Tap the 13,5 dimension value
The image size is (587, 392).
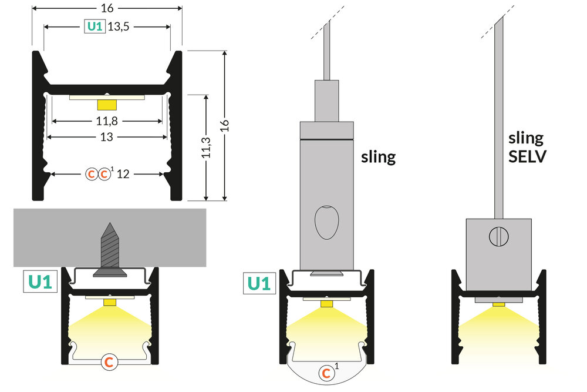point(119,26)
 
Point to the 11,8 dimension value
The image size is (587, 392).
point(107,121)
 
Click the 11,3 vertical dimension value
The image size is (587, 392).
point(206,147)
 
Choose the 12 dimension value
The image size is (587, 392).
point(124,174)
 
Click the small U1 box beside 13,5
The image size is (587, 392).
point(95,26)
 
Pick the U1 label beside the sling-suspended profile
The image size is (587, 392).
point(259,283)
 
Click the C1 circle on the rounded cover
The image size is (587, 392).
point(326,372)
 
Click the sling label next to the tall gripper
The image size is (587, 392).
point(379,157)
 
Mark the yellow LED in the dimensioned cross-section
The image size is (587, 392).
point(107,105)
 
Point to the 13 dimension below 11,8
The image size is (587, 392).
point(107,136)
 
